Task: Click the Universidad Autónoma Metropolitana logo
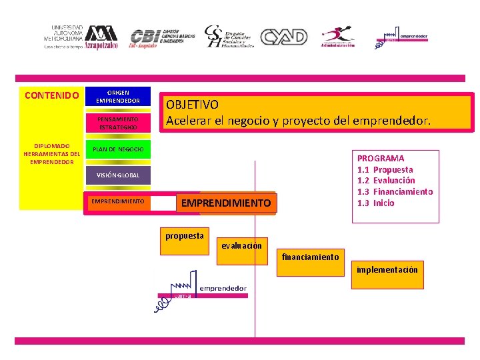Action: tap(81, 37)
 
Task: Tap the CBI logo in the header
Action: tap(163, 37)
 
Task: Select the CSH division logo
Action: tap(229, 37)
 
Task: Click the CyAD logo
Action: tap(283, 37)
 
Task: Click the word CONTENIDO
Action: tap(52, 95)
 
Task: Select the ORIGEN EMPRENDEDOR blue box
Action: tap(118, 96)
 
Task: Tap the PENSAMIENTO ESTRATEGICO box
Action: tap(118, 122)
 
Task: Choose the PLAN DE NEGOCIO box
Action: tap(118, 149)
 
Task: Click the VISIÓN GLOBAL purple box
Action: tap(118, 175)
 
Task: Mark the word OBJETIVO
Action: tap(192, 105)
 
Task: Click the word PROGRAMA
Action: tap(381, 159)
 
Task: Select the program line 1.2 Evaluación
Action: tap(386, 181)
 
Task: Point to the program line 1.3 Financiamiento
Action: tap(395, 192)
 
